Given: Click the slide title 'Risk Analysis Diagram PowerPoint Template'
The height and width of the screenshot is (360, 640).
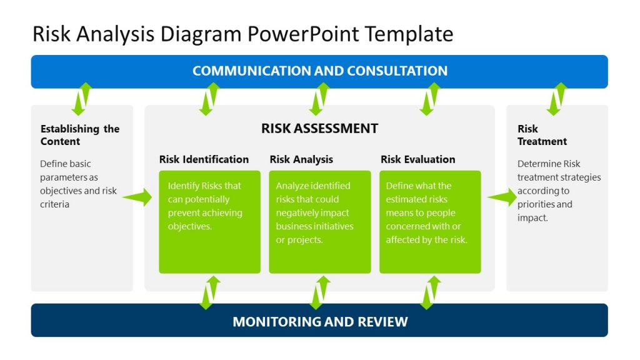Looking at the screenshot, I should [x=242, y=34].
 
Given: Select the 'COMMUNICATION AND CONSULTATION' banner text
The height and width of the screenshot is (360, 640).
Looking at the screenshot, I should [x=319, y=71].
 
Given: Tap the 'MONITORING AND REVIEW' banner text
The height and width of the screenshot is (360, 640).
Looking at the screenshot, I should [x=319, y=322].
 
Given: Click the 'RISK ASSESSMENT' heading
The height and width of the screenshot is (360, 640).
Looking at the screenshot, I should [x=319, y=129].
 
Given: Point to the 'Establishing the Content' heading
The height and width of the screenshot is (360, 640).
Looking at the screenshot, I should [x=80, y=135].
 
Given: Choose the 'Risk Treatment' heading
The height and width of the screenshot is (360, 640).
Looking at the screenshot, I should [x=542, y=135].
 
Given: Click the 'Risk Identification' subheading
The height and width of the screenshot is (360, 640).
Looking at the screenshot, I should [x=204, y=159].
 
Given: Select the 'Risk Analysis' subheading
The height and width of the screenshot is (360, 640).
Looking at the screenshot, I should [x=301, y=159].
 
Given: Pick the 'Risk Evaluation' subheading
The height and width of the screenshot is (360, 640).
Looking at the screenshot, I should [x=417, y=159].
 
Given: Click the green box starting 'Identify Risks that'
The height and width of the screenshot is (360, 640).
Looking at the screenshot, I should [x=209, y=222].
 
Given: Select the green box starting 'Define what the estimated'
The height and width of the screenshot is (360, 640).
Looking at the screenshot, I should [x=430, y=222].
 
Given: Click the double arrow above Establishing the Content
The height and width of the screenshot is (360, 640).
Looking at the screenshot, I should [x=81, y=99].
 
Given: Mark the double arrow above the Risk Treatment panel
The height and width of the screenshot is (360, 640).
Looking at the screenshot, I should [x=556, y=99].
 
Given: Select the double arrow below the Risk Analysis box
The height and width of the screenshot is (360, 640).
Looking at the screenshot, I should [x=319, y=292].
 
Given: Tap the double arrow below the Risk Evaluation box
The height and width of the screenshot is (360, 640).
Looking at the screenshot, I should [x=430, y=292].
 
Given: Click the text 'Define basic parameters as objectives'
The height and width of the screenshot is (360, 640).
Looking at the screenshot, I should [x=78, y=184].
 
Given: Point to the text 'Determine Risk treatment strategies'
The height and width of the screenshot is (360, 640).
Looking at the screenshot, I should [x=558, y=191].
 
